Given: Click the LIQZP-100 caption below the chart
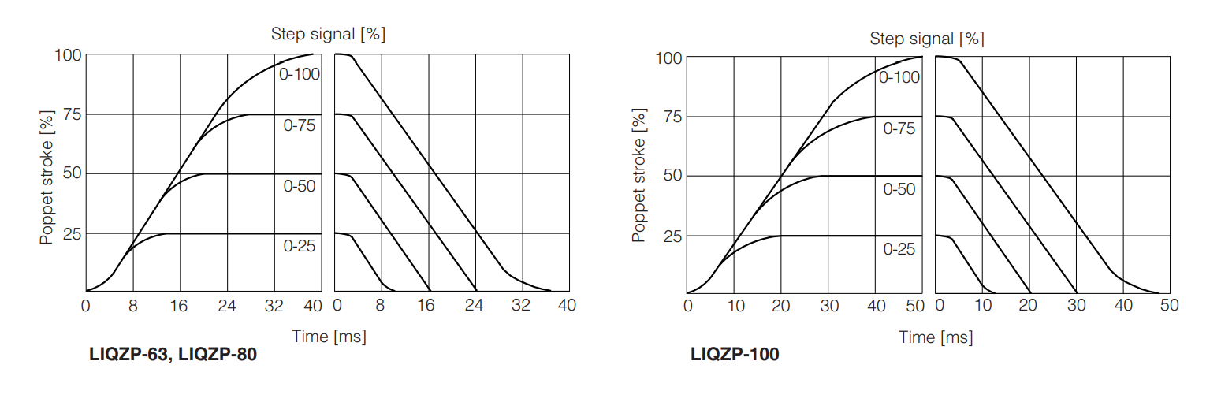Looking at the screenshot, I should pos(734,355).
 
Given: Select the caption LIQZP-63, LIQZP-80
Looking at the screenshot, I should pos(173,355).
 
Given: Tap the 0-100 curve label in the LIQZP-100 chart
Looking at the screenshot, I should pos(899,77).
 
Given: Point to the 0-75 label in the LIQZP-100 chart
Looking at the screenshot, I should pos(899,128).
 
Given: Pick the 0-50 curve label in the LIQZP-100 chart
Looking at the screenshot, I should pos(899,189).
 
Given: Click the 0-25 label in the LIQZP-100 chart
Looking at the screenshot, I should pos(899,249).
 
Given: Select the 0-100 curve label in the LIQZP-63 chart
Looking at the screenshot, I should pos(300,74).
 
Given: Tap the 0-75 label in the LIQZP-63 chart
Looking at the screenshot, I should pos(300,125).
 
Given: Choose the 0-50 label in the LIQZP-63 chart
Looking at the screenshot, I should pos(300,186).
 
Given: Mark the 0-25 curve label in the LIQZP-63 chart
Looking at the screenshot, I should pos(300,246).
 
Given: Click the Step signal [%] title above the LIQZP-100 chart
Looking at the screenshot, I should pos(927,38).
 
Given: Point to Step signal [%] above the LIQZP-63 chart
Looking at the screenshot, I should pos(328,34).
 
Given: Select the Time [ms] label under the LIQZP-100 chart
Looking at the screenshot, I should pos(936,337).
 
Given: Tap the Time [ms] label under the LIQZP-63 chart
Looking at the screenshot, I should pos(329,337).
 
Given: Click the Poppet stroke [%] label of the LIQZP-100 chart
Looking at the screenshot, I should pos(638,175).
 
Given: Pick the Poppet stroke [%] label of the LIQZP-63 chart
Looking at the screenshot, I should pos(47,173).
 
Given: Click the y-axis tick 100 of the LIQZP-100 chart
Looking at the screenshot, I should pos(668,58).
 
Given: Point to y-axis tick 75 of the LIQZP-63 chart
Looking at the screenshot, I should pos(71,114).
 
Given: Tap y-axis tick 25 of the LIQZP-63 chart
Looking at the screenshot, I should pos(71,234).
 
